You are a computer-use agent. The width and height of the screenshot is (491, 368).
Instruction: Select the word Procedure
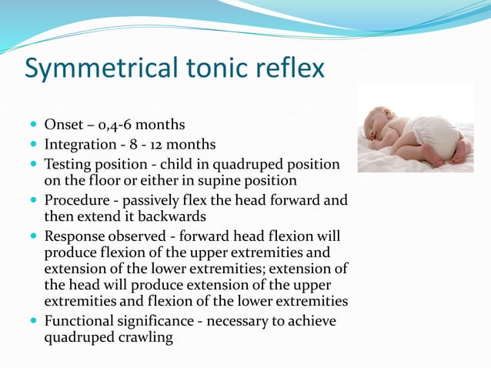point(78,200)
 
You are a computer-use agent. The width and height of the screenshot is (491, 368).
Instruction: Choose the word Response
point(75,236)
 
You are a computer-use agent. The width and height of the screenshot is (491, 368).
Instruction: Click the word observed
point(139,236)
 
